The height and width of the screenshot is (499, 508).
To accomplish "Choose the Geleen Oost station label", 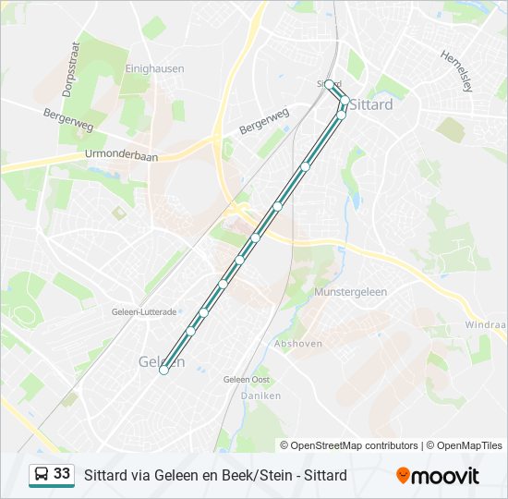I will click(247, 379).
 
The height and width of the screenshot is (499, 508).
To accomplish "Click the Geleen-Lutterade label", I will click(143, 312).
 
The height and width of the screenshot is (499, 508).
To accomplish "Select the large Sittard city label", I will click(371, 104).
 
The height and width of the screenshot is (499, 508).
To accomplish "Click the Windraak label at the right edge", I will click(486, 325).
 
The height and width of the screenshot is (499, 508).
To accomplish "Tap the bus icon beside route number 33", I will click(42, 474).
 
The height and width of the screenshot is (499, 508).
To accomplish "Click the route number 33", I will click(62, 474).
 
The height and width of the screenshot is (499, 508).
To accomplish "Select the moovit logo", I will click(438, 476).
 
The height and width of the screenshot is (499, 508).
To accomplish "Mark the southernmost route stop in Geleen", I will click(163, 371).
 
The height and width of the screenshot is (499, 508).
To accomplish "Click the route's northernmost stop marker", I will click(329, 84).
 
